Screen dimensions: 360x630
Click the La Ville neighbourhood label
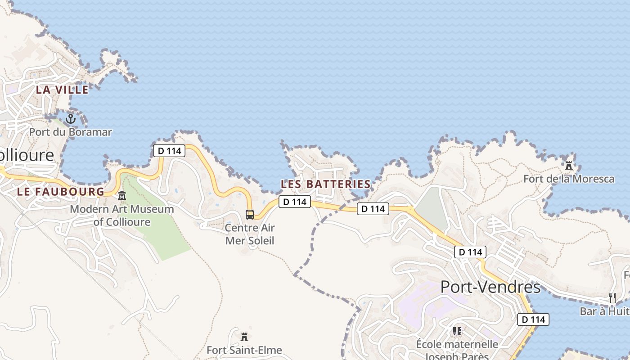click(x=62, y=90)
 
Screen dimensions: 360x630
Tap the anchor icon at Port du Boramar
click(x=71, y=119)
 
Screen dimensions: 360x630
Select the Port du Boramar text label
click(x=71, y=132)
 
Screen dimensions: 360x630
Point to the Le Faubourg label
click(x=60, y=192)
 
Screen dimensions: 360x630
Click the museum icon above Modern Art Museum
click(x=122, y=196)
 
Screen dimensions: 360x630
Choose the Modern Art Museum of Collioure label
click(x=122, y=216)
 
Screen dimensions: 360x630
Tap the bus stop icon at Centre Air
click(x=250, y=215)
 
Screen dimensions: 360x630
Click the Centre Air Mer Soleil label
click(x=250, y=234)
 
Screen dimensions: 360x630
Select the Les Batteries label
click(x=326, y=184)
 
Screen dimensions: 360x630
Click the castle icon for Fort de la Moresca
click(x=569, y=165)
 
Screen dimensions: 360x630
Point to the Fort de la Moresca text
click(x=569, y=179)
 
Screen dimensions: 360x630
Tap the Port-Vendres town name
click(x=490, y=287)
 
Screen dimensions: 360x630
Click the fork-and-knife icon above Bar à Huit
click(x=612, y=297)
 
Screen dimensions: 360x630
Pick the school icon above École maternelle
click(x=457, y=332)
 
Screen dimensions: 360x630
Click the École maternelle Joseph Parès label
click(x=457, y=350)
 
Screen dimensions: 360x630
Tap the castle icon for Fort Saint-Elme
click(x=244, y=336)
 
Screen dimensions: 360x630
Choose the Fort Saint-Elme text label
click(x=244, y=350)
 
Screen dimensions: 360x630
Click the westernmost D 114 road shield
click(x=170, y=151)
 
